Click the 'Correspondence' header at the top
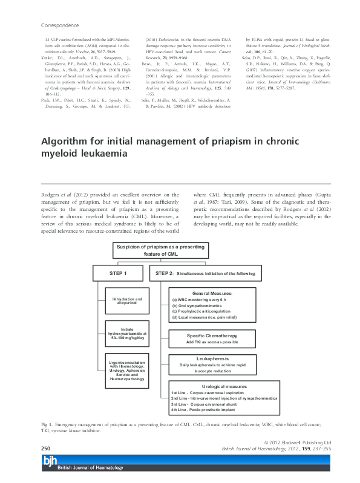59,26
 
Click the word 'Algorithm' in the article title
66,140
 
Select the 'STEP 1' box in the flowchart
118,273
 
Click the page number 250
45,449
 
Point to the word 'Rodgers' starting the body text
50,195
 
